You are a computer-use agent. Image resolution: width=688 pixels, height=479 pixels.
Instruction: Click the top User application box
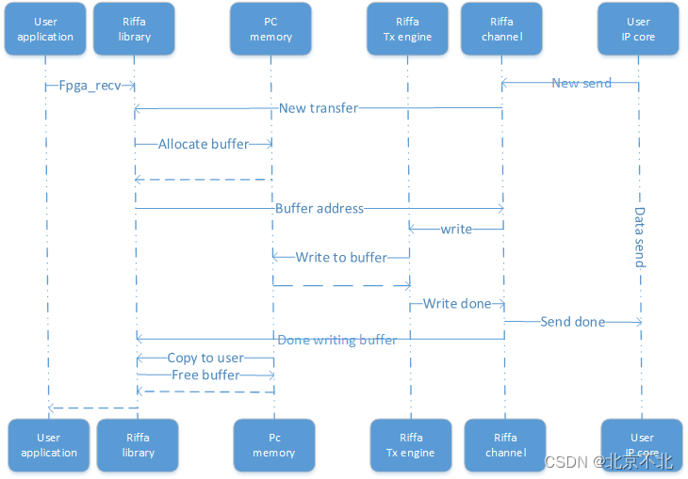[45, 29]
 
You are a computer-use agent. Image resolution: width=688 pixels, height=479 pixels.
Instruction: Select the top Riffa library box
[134, 29]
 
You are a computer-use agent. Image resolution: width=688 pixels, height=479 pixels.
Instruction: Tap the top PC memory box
[270, 29]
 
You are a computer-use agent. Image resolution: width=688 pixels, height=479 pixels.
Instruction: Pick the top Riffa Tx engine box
[408, 29]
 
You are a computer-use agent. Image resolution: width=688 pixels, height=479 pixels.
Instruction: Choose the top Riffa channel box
[501, 29]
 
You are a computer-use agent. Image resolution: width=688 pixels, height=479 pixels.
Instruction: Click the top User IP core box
[638, 29]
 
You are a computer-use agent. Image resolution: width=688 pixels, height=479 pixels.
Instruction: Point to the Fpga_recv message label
[90, 86]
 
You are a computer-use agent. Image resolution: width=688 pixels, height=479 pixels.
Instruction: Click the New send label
[582, 83]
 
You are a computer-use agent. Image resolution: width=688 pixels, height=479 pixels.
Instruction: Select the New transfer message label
[319, 108]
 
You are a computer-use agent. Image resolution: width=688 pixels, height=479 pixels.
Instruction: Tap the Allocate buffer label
[204, 144]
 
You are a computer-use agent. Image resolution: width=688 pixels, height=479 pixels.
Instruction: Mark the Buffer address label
[319, 208]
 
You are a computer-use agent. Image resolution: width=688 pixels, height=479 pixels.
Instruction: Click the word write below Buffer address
[456, 229]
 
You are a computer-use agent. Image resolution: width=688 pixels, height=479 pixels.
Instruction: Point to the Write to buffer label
[341, 257]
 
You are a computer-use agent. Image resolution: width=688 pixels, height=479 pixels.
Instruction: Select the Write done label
[457, 304]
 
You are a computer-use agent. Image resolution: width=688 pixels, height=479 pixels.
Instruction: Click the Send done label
[573, 322]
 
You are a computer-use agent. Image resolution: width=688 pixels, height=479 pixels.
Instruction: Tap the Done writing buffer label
[337, 340]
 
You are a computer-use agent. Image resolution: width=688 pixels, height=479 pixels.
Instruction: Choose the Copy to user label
[205, 358]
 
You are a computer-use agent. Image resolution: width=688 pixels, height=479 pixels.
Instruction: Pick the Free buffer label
[205, 375]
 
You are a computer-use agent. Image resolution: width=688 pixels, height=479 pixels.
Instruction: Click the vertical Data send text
[640, 237]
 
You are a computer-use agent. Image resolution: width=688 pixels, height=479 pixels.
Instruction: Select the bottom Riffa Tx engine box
[411, 445]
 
